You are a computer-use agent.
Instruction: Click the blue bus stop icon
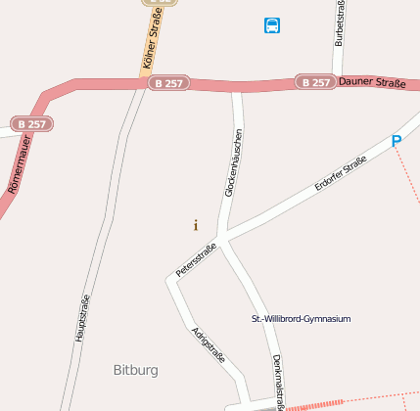[272, 25]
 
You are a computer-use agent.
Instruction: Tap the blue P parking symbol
[397, 141]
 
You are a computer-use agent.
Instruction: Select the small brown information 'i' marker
[195, 225]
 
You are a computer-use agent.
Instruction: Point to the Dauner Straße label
[371, 82]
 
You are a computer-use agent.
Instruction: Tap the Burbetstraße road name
[340, 24]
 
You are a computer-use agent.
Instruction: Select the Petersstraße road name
[196, 260]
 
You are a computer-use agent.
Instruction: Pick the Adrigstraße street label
[209, 344]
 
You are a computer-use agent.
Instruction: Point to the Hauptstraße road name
[82, 317]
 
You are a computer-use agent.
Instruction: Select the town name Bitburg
[135, 370]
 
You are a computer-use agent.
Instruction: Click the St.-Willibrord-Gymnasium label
[302, 319]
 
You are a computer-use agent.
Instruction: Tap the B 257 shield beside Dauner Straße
[315, 82]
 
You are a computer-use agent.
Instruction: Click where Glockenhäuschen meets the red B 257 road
[236, 88]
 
